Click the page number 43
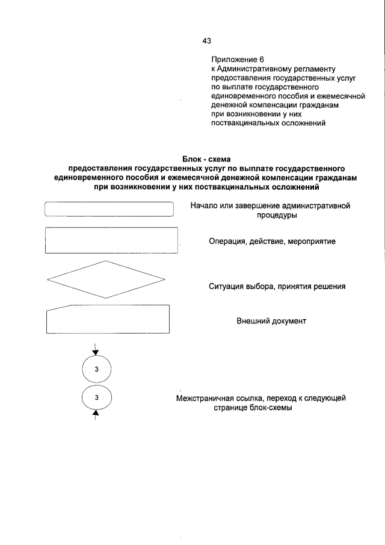coord(207,40)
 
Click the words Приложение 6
coord(238,60)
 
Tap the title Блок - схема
coord(206,158)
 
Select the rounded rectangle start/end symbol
coord(109,209)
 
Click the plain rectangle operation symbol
coord(112,240)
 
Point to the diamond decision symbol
coord(105,279)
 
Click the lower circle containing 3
coord(96,397)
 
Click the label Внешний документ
coord(271,321)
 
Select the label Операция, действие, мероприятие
coord(272,241)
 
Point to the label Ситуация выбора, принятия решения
coord(277,287)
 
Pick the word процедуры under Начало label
coord(271,215)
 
